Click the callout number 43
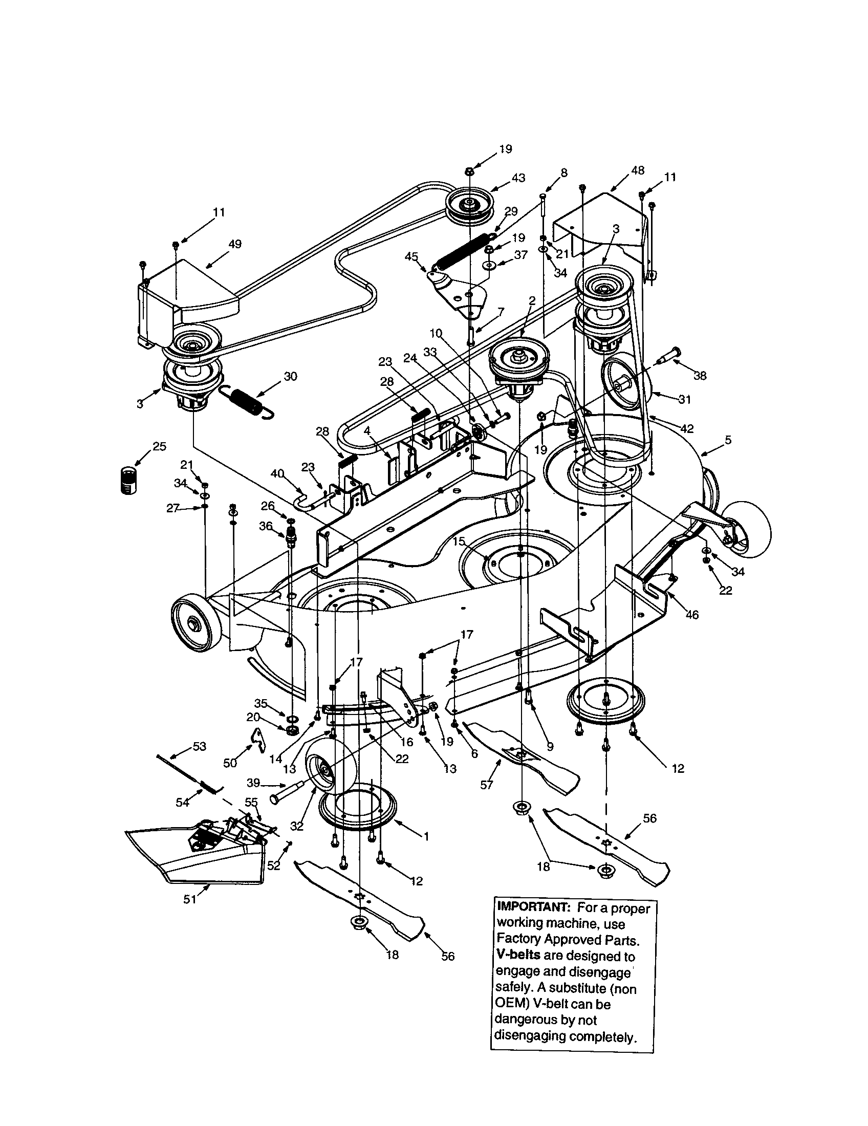[x=518, y=178]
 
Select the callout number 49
[x=235, y=244]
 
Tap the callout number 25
[x=160, y=446]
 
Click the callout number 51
[x=190, y=899]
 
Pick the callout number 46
[x=692, y=615]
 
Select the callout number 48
[x=638, y=170]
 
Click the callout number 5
[x=728, y=440]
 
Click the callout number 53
[x=199, y=746]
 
